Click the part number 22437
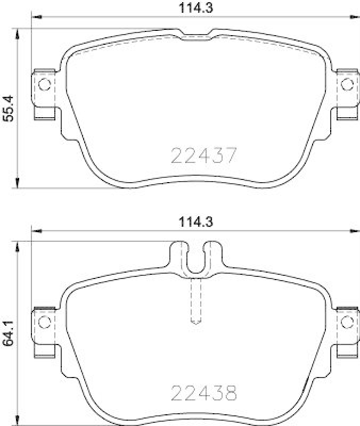(x=203, y=155)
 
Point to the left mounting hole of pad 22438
(x=45, y=322)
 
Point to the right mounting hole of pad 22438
(x=347, y=322)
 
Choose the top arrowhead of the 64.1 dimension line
(x=19, y=245)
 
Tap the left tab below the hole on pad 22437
(x=45, y=112)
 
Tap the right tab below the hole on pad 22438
(x=347, y=350)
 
